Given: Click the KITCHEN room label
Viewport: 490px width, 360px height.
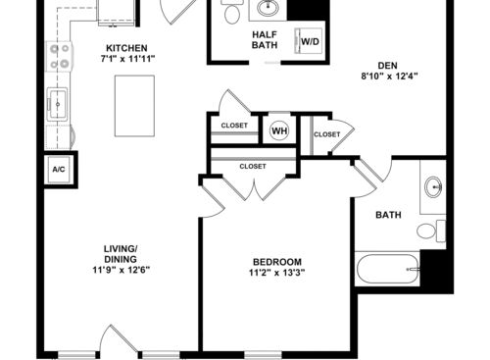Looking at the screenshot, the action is tap(126, 48).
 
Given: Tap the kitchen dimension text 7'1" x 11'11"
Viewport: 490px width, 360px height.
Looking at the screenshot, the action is tap(127, 59).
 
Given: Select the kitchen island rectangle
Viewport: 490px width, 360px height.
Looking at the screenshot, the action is tap(134, 106).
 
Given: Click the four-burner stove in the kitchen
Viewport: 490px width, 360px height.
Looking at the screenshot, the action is tap(60, 56).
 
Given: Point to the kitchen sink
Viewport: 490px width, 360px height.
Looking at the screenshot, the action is tap(58, 104).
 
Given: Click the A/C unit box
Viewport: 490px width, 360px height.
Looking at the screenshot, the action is tap(59, 170).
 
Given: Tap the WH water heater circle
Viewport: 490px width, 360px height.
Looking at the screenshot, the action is tap(280, 130).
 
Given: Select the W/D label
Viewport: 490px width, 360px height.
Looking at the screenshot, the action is tap(310, 41).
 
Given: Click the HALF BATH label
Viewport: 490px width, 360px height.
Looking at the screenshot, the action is tap(265, 39).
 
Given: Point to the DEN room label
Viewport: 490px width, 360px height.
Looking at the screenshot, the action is tap(388, 66).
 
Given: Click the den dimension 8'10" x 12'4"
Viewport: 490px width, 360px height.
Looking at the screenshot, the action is tap(389, 77).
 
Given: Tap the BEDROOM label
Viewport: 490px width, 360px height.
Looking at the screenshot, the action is tap(277, 262).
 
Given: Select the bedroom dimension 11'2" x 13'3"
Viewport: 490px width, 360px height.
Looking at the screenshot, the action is tap(277, 273).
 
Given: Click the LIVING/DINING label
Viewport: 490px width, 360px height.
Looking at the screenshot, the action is tap(121, 254).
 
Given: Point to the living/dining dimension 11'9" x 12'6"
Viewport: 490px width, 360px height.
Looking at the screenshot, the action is tap(121, 270).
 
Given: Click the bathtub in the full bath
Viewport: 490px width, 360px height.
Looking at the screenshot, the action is tap(388, 270).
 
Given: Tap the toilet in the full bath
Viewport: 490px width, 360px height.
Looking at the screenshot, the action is tap(431, 231).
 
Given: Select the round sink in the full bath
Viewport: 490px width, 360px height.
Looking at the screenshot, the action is tap(433, 186).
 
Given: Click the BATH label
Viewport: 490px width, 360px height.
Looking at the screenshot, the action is tap(388, 215).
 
